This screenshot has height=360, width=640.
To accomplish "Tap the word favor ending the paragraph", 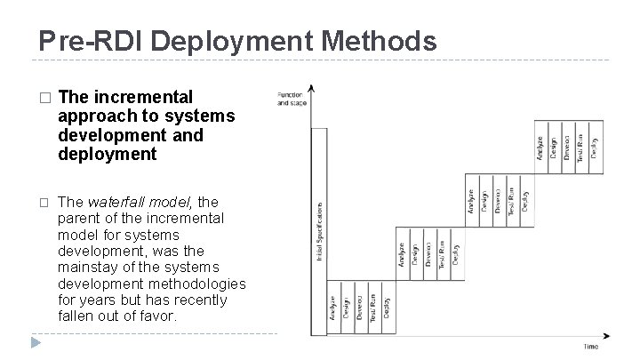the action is (x=156, y=316).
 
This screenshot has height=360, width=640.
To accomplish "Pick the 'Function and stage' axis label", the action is (x=290, y=99).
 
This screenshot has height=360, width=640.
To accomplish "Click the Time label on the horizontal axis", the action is (x=591, y=346).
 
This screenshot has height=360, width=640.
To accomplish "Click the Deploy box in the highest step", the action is (x=595, y=141).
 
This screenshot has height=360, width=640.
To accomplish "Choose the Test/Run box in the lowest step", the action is (x=374, y=308).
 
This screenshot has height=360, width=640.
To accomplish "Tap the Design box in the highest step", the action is (x=554, y=141).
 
